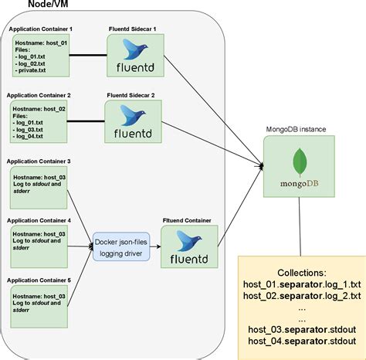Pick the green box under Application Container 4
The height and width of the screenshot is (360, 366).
[38, 245]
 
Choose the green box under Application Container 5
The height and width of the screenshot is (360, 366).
[38, 304]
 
